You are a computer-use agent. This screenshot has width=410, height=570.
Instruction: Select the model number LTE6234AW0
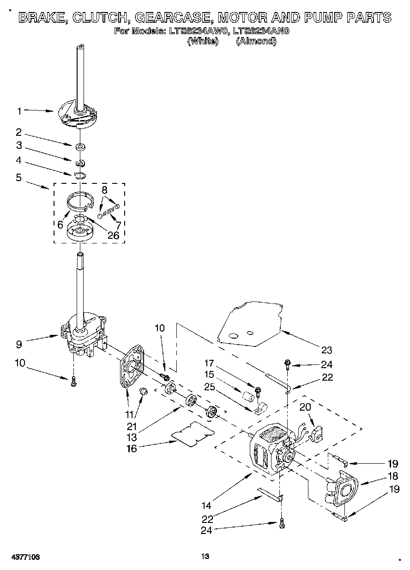click(x=196, y=32)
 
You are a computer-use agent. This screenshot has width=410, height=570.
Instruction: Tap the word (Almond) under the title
click(x=256, y=41)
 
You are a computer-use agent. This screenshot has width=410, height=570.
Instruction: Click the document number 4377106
click(x=24, y=557)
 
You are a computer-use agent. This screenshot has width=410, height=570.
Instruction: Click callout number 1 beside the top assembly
click(x=19, y=111)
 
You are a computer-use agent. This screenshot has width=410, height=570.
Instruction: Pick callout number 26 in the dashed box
click(x=113, y=235)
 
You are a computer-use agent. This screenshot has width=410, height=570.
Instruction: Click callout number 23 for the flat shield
click(x=327, y=350)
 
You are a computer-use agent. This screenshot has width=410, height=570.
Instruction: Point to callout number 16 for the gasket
click(x=132, y=448)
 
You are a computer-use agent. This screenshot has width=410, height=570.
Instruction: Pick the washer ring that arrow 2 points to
click(x=81, y=147)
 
